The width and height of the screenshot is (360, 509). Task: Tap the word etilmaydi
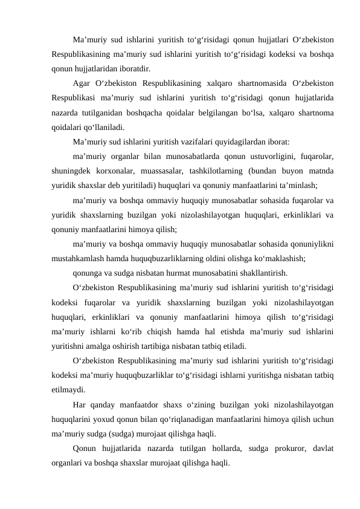(68, 390)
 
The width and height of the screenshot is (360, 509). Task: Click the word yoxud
(109, 420)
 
